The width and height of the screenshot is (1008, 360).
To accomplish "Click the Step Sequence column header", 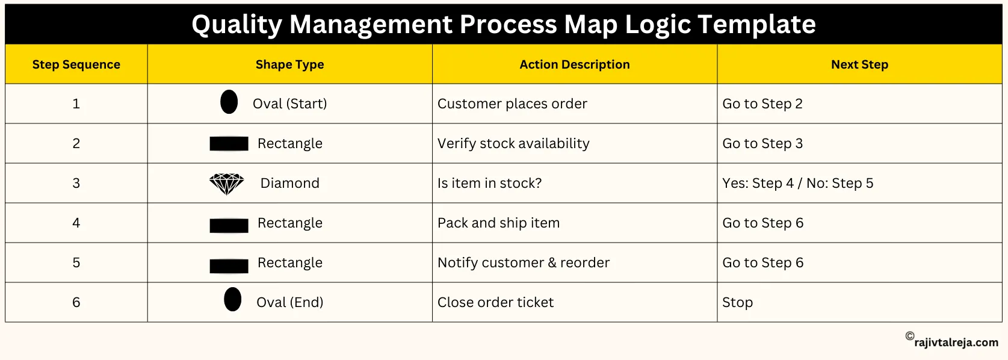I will (76, 64).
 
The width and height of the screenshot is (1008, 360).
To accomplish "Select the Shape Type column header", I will (289, 64).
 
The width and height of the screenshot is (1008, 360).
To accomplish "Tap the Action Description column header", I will (574, 64).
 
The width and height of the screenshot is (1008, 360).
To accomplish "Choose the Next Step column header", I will (859, 64).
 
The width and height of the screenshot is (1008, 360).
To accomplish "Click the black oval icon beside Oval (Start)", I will (229, 102).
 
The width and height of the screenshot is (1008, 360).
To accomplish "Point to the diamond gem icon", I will (226, 184).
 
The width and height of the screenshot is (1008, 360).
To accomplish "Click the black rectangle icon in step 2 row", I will (229, 143).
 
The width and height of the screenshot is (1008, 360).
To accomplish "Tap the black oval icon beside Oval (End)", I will (232, 299).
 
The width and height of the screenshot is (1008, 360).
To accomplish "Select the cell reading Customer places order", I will (512, 104).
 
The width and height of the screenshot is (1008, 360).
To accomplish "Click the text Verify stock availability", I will (513, 143).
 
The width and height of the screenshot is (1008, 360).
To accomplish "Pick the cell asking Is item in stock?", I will (489, 183).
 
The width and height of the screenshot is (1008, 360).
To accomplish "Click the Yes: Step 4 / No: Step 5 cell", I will (797, 183).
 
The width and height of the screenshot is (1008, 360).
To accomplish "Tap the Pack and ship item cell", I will (498, 223).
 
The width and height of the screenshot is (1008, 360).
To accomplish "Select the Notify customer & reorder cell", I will (523, 262).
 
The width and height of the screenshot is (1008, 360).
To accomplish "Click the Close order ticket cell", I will (495, 302).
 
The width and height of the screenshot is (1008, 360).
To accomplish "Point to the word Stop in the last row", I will (737, 302).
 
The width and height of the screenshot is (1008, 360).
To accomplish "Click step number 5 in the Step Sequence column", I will (76, 262).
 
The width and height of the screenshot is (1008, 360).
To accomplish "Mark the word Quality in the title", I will (237, 25).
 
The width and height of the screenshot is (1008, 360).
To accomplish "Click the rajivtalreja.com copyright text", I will (956, 342).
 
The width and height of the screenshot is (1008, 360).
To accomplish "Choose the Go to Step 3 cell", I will (762, 143).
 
